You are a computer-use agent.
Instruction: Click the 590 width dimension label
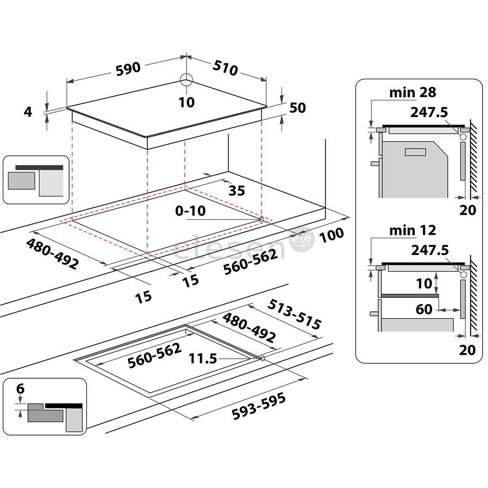(128, 69)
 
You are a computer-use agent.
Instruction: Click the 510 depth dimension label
(225, 69)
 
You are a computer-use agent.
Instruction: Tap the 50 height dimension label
(297, 108)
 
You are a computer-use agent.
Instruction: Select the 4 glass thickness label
(28, 112)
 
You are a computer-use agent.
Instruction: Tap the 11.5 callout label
(202, 359)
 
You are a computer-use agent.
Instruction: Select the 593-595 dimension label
(258, 406)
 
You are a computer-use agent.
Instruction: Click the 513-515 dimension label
(294, 314)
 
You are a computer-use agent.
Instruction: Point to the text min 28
(413, 93)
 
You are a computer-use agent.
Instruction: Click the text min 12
(413, 230)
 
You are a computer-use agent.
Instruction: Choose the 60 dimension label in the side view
(424, 310)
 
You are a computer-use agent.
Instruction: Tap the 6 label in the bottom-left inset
(20, 389)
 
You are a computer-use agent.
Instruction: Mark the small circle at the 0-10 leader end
(261, 219)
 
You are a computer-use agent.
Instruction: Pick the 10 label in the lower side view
(424, 283)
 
